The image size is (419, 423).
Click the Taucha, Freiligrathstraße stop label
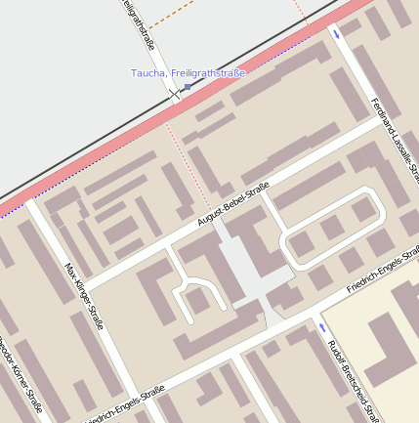click(x=188, y=73)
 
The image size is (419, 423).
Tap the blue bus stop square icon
click(x=188, y=87)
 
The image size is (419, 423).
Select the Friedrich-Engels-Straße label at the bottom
click(x=125, y=405)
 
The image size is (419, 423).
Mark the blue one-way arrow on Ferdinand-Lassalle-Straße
click(x=338, y=34)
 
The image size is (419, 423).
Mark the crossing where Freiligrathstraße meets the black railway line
click(x=176, y=95)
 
